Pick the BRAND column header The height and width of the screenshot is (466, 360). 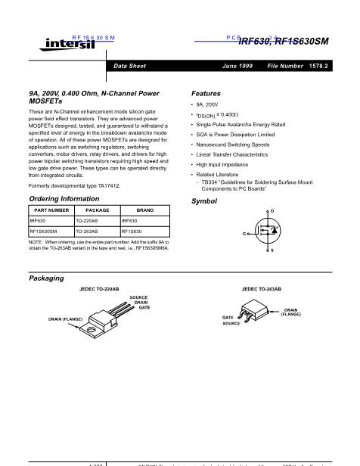[144, 210]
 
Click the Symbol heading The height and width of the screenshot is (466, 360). [204, 201]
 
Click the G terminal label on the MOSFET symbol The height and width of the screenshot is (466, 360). [244, 234]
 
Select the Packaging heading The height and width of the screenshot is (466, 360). [46, 278]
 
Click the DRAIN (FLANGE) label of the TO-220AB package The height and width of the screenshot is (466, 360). [65, 320]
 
